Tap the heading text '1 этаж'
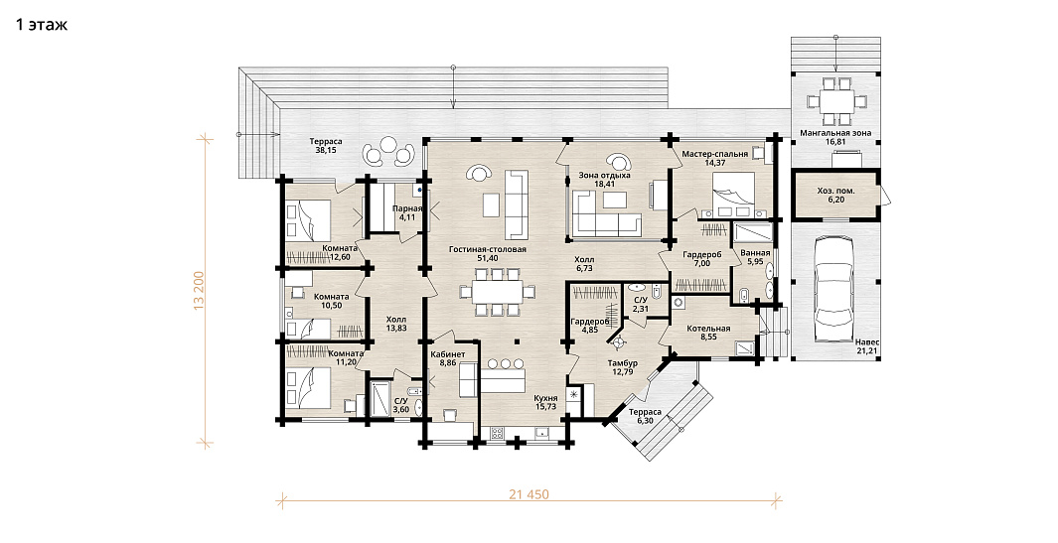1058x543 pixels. pos(42,26)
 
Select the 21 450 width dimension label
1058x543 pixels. pos(529,494)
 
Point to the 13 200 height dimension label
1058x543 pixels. pos(199,291)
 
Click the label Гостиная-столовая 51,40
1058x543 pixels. pos(487,254)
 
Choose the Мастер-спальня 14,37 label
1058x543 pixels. pos(714,159)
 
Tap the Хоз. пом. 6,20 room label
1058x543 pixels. pos(836,196)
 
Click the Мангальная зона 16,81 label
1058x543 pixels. pos(835,138)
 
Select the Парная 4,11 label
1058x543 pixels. pos(407,213)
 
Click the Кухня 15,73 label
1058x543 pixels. pos(545,403)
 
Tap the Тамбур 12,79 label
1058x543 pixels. pos(622,367)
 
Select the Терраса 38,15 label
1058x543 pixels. pos(326,146)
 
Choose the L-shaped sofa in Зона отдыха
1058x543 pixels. pos(606,211)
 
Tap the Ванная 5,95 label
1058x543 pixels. pos(755,258)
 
